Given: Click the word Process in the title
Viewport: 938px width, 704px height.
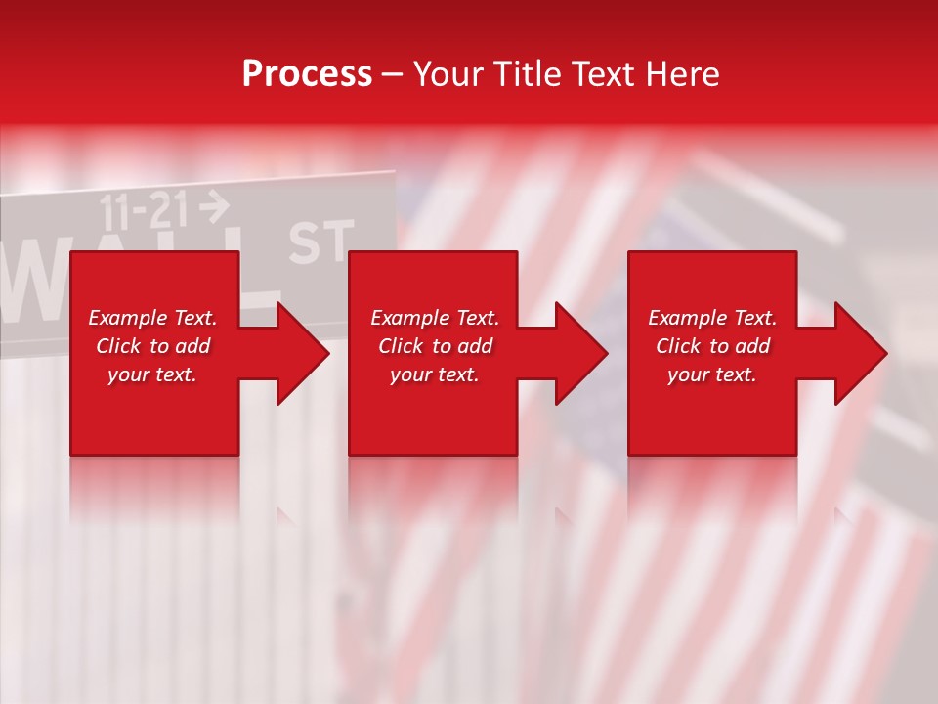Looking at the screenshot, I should click(x=307, y=73).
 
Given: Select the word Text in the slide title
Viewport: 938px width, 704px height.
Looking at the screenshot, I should click(x=603, y=73).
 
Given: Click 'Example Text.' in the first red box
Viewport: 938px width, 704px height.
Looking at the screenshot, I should click(x=152, y=318).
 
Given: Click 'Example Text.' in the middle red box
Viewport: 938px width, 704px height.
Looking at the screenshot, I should click(x=435, y=318).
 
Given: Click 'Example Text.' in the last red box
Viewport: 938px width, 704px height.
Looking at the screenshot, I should click(x=712, y=318).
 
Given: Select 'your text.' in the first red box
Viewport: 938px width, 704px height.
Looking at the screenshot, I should click(x=152, y=374).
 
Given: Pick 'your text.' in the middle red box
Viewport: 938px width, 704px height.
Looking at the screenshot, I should click(x=435, y=374).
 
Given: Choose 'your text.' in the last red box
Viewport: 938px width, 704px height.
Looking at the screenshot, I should click(x=712, y=374).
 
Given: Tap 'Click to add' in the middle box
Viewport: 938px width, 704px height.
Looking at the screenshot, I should click(x=435, y=346).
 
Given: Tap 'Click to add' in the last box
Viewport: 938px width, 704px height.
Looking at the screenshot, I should click(x=712, y=346).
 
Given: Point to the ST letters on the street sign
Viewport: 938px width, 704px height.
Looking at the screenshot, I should click(x=320, y=242).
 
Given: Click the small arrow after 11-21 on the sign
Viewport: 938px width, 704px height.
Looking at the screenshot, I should click(x=213, y=205).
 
